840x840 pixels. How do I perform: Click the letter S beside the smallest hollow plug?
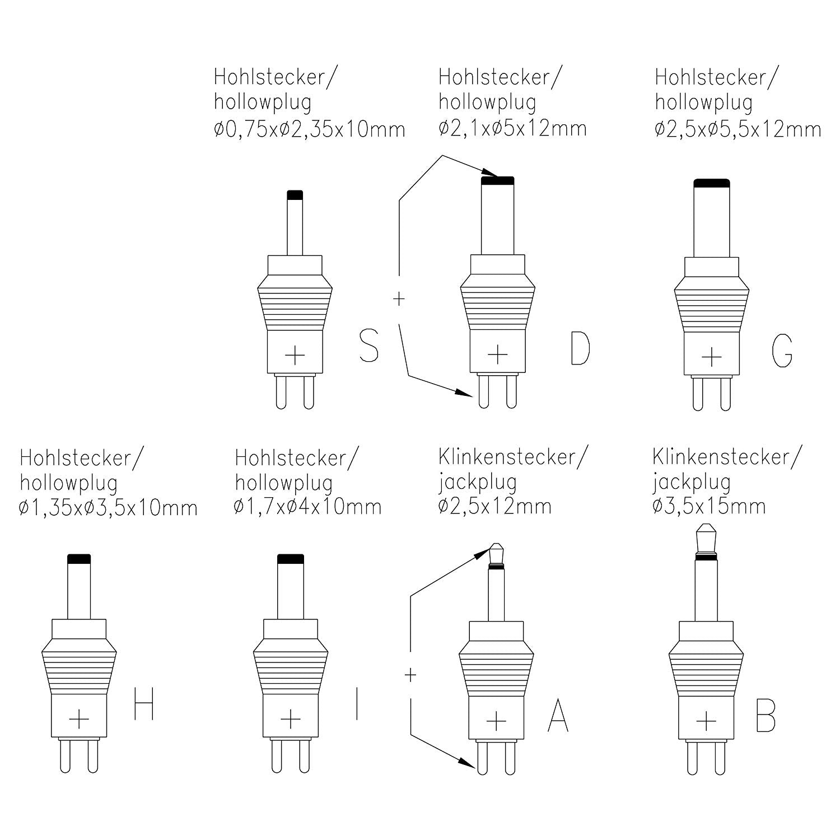tap(368, 345)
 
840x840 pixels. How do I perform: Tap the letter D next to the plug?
tap(580, 348)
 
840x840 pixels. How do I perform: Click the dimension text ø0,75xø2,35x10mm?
tap(309, 129)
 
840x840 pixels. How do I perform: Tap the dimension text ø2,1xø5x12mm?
tap(512, 128)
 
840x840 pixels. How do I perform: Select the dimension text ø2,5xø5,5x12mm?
tap(738, 129)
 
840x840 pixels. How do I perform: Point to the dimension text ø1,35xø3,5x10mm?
tap(108, 508)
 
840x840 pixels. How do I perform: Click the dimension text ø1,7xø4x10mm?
tap(308, 507)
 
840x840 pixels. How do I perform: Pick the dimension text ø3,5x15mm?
tap(708, 506)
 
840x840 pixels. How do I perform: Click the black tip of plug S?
tap(295, 195)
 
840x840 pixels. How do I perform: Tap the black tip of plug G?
tap(711, 183)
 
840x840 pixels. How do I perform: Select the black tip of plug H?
tap(79, 558)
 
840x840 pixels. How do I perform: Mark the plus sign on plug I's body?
tap(290, 718)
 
